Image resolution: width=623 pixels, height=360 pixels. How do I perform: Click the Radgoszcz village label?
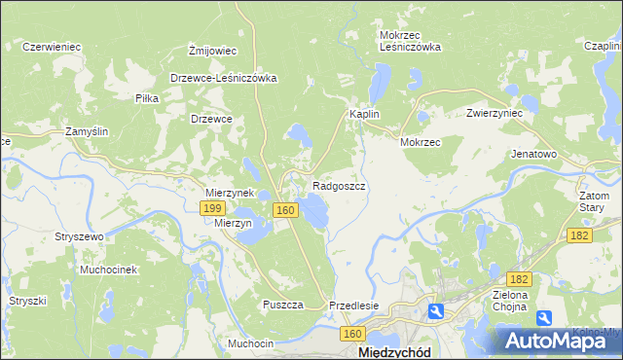click(x=340, y=185)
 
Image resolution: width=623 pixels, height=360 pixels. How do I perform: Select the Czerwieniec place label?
click(x=51, y=46)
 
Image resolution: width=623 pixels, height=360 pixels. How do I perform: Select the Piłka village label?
click(x=147, y=98)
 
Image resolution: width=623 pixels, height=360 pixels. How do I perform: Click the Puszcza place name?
click(x=282, y=305)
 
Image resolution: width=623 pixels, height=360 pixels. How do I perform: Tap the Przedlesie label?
click(x=353, y=305)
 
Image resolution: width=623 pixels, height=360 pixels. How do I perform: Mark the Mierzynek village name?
click(x=229, y=193)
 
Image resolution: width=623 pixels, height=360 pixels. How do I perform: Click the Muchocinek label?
click(x=110, y=269)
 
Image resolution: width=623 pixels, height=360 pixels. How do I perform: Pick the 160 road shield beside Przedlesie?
click(x=352, y=334)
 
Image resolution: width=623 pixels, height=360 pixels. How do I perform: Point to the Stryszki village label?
click(x=28, y=301)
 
